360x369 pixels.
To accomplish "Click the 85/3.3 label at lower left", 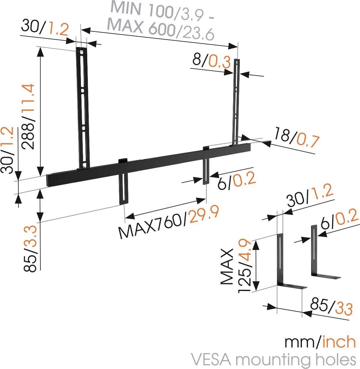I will click(30, 249).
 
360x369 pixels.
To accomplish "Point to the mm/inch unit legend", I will click(320, 342).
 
